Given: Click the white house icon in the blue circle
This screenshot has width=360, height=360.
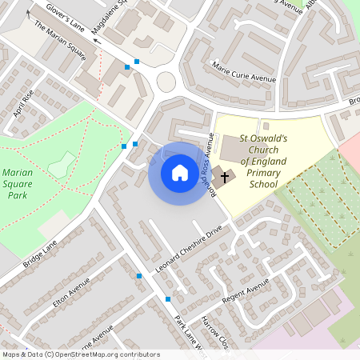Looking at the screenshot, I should (x=180, y=173).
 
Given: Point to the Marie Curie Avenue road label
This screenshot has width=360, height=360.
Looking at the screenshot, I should (x=243, y=73).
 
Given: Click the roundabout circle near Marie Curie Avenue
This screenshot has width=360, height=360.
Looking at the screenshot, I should (x=166, y=82).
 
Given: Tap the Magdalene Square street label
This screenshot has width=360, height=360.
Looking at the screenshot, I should (x=109, y=18).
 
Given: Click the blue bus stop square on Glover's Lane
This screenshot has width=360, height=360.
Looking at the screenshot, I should (x=137, y=62).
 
